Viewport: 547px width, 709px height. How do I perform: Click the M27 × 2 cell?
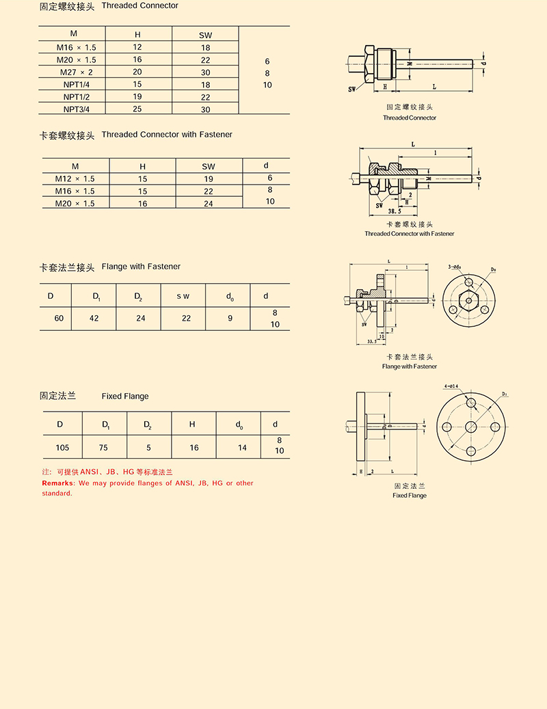(76, 72)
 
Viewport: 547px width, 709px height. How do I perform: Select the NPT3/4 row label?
(76, 109)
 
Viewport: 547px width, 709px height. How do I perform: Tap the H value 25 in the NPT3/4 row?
(137, 109)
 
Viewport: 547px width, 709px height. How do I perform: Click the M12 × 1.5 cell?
(75, 179)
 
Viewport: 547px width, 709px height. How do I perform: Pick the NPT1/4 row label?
(76, 84)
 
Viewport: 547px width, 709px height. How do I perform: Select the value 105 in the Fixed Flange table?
(63, 448)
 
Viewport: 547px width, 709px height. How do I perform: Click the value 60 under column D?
(59, 318)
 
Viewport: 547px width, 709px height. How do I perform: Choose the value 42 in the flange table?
(94, 318)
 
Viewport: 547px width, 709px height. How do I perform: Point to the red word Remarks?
(55, 483)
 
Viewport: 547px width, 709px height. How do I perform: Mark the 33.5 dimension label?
(371, 340)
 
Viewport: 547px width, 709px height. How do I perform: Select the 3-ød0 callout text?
(453, 266)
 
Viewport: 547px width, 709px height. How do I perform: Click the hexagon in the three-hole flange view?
(468, 299)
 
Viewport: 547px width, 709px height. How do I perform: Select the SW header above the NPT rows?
(206, 34)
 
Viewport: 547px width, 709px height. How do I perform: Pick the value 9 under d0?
(230, 318)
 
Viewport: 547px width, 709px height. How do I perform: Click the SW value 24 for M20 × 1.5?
(208, 204)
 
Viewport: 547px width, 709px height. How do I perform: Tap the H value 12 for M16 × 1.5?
(137, 47)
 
